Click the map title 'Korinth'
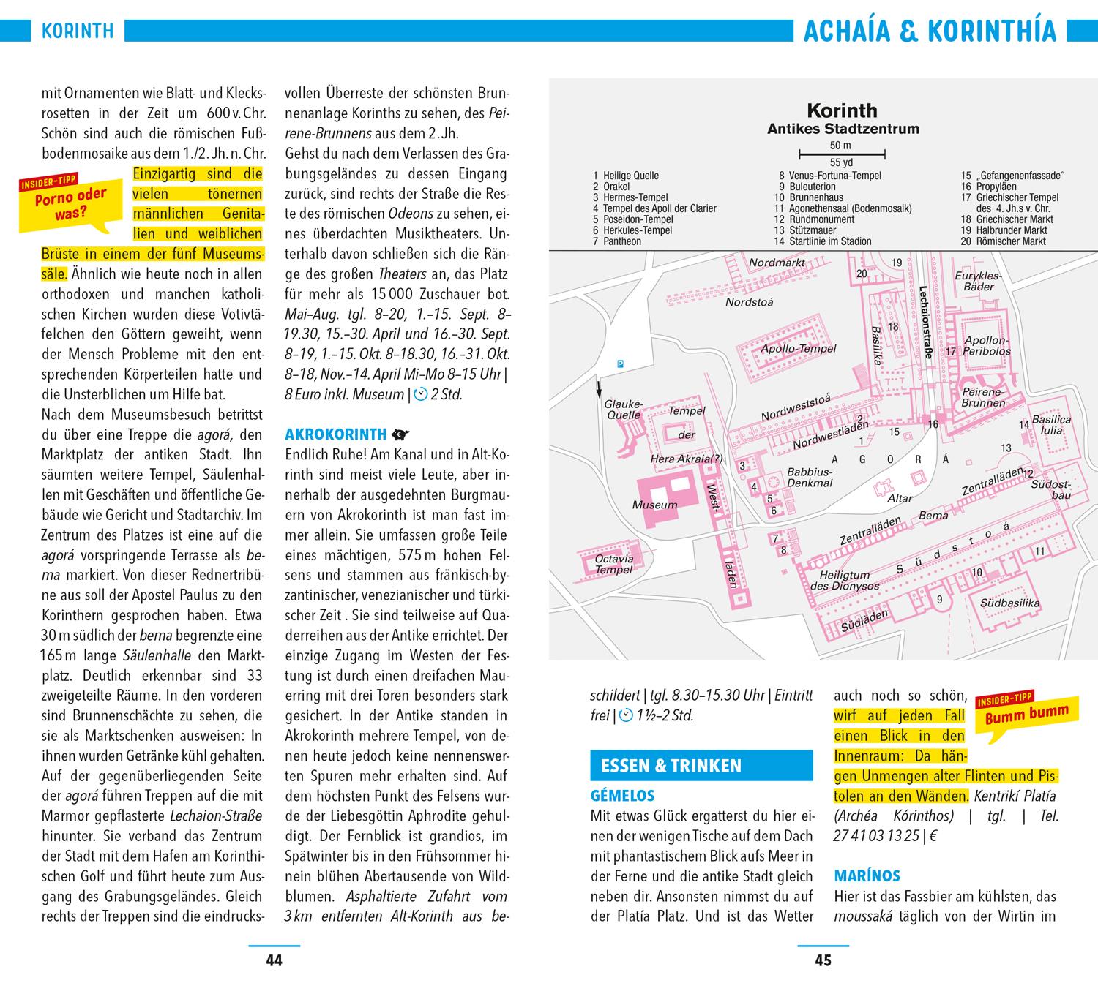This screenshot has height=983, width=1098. coord(842,111)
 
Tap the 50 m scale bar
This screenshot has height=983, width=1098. coord(842,154)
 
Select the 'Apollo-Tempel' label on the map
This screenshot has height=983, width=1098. coord(798,349)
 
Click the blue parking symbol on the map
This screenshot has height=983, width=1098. coord(621,364)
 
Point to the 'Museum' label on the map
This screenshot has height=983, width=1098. coord(655,505)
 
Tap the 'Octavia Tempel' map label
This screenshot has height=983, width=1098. coord(614,564)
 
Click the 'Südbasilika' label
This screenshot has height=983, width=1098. coord(1009,603)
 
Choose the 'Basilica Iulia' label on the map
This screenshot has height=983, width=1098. coord(1051,425)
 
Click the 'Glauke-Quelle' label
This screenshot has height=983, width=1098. coord(623,410)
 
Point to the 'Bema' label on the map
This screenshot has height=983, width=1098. coord(933,516)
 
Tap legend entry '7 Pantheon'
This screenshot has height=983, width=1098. coord(617,241)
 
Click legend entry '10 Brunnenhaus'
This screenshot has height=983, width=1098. coord(808,197)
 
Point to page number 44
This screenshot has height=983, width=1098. coord(274,960)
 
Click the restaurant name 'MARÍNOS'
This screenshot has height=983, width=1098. coord(867,875)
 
